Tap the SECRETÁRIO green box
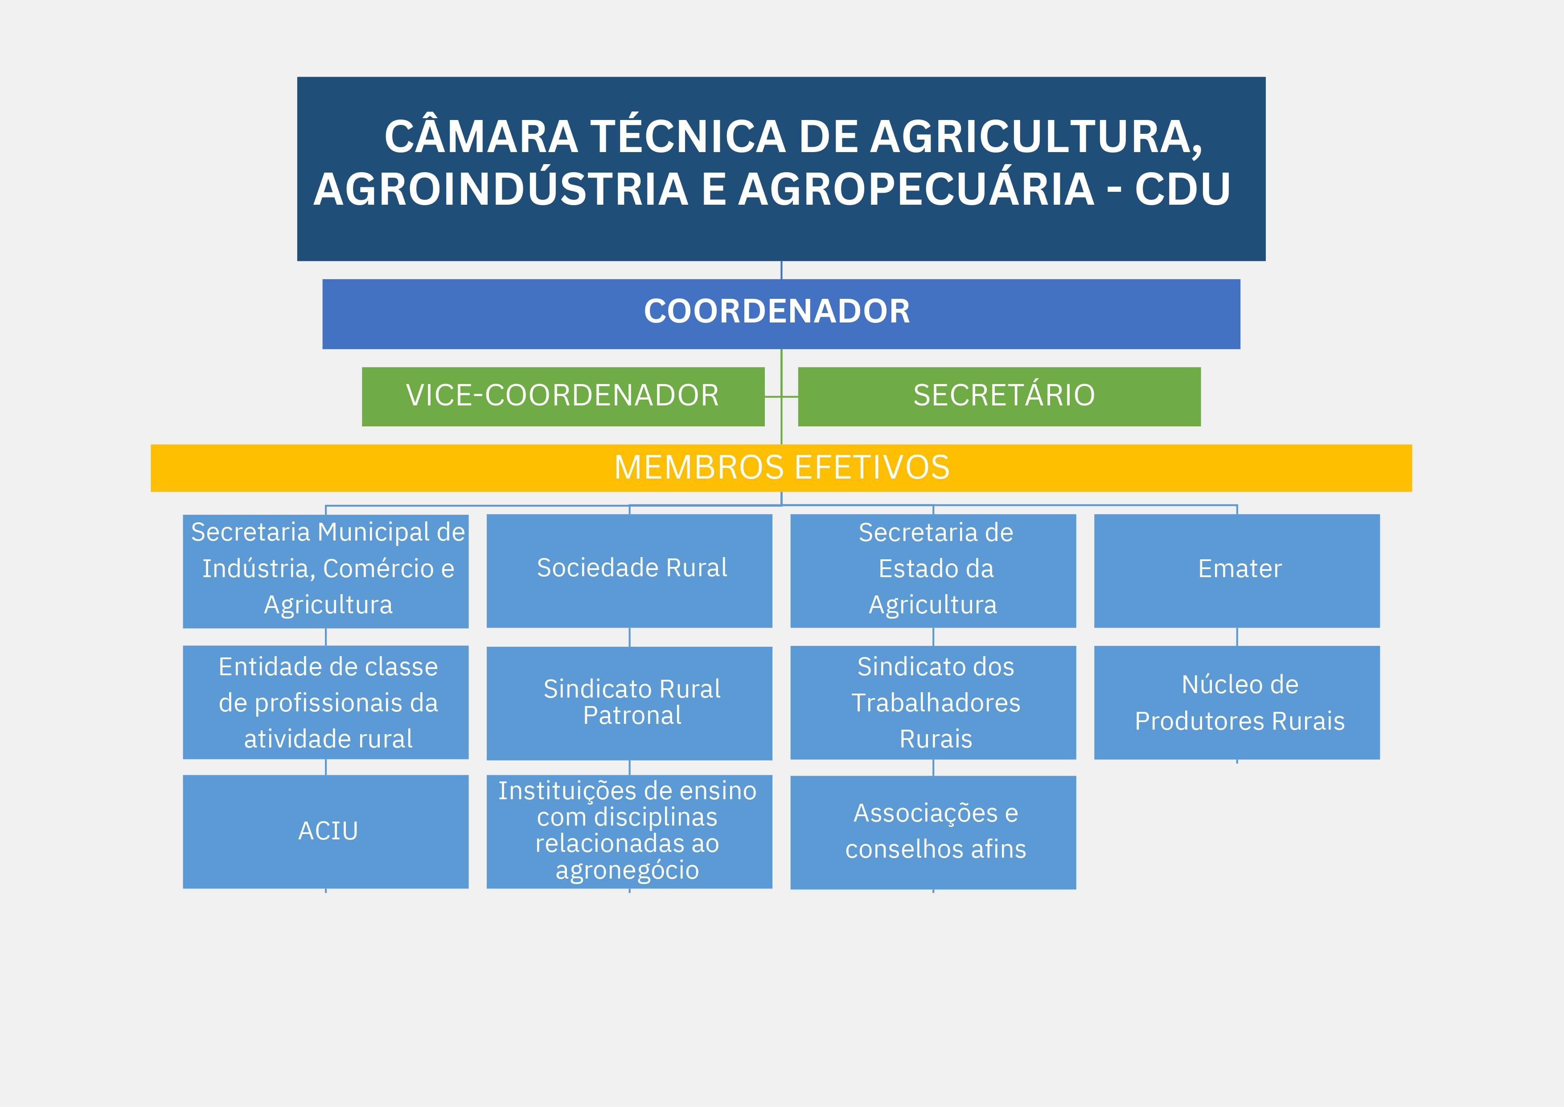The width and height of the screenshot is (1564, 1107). [999, 397]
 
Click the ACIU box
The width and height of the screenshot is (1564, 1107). [326, 832]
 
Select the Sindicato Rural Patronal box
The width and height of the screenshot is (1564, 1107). [629, 703]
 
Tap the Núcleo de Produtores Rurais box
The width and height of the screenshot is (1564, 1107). [1237, 703]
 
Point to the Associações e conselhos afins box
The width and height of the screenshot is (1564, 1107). [933, 832]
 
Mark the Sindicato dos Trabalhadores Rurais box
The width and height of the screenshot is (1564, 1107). [933, 703]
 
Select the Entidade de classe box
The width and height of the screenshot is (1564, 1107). [326, 702]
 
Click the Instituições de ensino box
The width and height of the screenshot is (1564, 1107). [629, 832]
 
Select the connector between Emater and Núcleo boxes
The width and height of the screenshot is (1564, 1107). [1237, 636]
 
